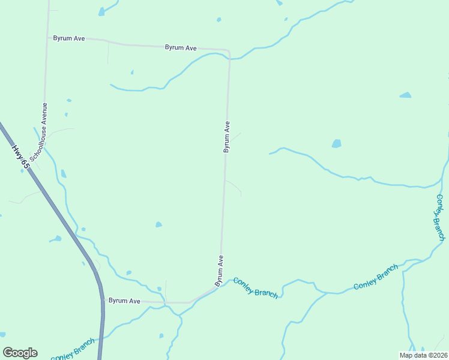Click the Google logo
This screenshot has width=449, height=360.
point(20,353)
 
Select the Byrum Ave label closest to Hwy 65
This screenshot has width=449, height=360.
point(124,301)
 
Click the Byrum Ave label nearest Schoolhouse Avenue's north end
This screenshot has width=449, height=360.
point(69,38)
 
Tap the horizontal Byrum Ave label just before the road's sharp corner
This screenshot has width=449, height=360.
point(181,47)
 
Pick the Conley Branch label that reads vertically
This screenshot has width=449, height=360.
point(441,217)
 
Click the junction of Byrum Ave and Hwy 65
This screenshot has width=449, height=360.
point(103,299)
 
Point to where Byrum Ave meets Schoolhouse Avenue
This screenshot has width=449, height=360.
point(48,38)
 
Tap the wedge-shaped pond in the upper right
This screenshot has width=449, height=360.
point(406,95)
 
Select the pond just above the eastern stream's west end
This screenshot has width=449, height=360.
point(336,143)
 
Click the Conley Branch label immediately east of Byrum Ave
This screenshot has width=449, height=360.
point(256,287)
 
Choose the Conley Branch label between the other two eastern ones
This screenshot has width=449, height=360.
point(376,277)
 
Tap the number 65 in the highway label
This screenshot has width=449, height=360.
point(24,161)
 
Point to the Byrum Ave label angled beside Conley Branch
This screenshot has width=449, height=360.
point(220,271)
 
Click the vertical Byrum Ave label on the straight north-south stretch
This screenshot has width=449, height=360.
point(227,137)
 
